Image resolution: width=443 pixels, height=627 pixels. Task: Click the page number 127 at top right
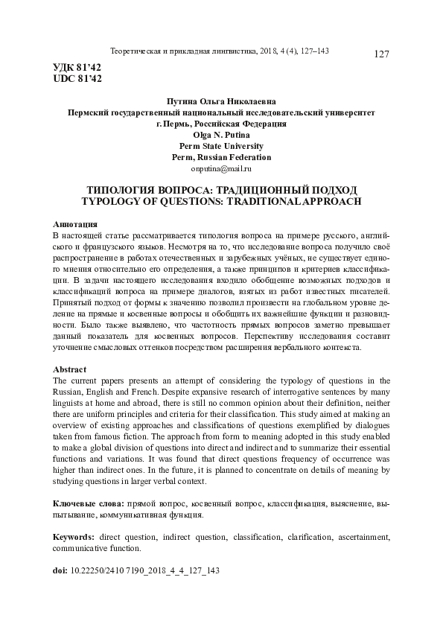tap(382, 54)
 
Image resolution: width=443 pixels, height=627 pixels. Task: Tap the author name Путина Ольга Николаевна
tap(221, 101)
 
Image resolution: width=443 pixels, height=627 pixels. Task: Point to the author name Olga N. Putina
tap(221, 135)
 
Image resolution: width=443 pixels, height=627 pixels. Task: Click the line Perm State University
tap(221, 146)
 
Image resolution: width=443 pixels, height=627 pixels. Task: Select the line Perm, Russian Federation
tap(221, 157)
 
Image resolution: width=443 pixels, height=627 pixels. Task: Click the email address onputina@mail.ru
tap(221, 169)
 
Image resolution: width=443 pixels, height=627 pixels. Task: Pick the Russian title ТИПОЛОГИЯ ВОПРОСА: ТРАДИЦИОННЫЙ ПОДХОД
tap(221, 189)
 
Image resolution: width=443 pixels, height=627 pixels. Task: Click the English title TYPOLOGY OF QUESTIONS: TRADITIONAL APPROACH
tap(221, 200)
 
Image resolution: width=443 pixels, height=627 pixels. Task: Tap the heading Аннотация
tap(77, 224)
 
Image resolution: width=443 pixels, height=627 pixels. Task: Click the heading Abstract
tap(70, 369)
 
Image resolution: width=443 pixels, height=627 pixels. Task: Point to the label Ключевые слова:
tap(90, 503)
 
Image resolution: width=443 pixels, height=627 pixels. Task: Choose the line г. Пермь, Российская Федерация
tap(221, 124)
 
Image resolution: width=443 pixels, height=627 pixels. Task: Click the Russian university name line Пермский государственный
tap(221, 112)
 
